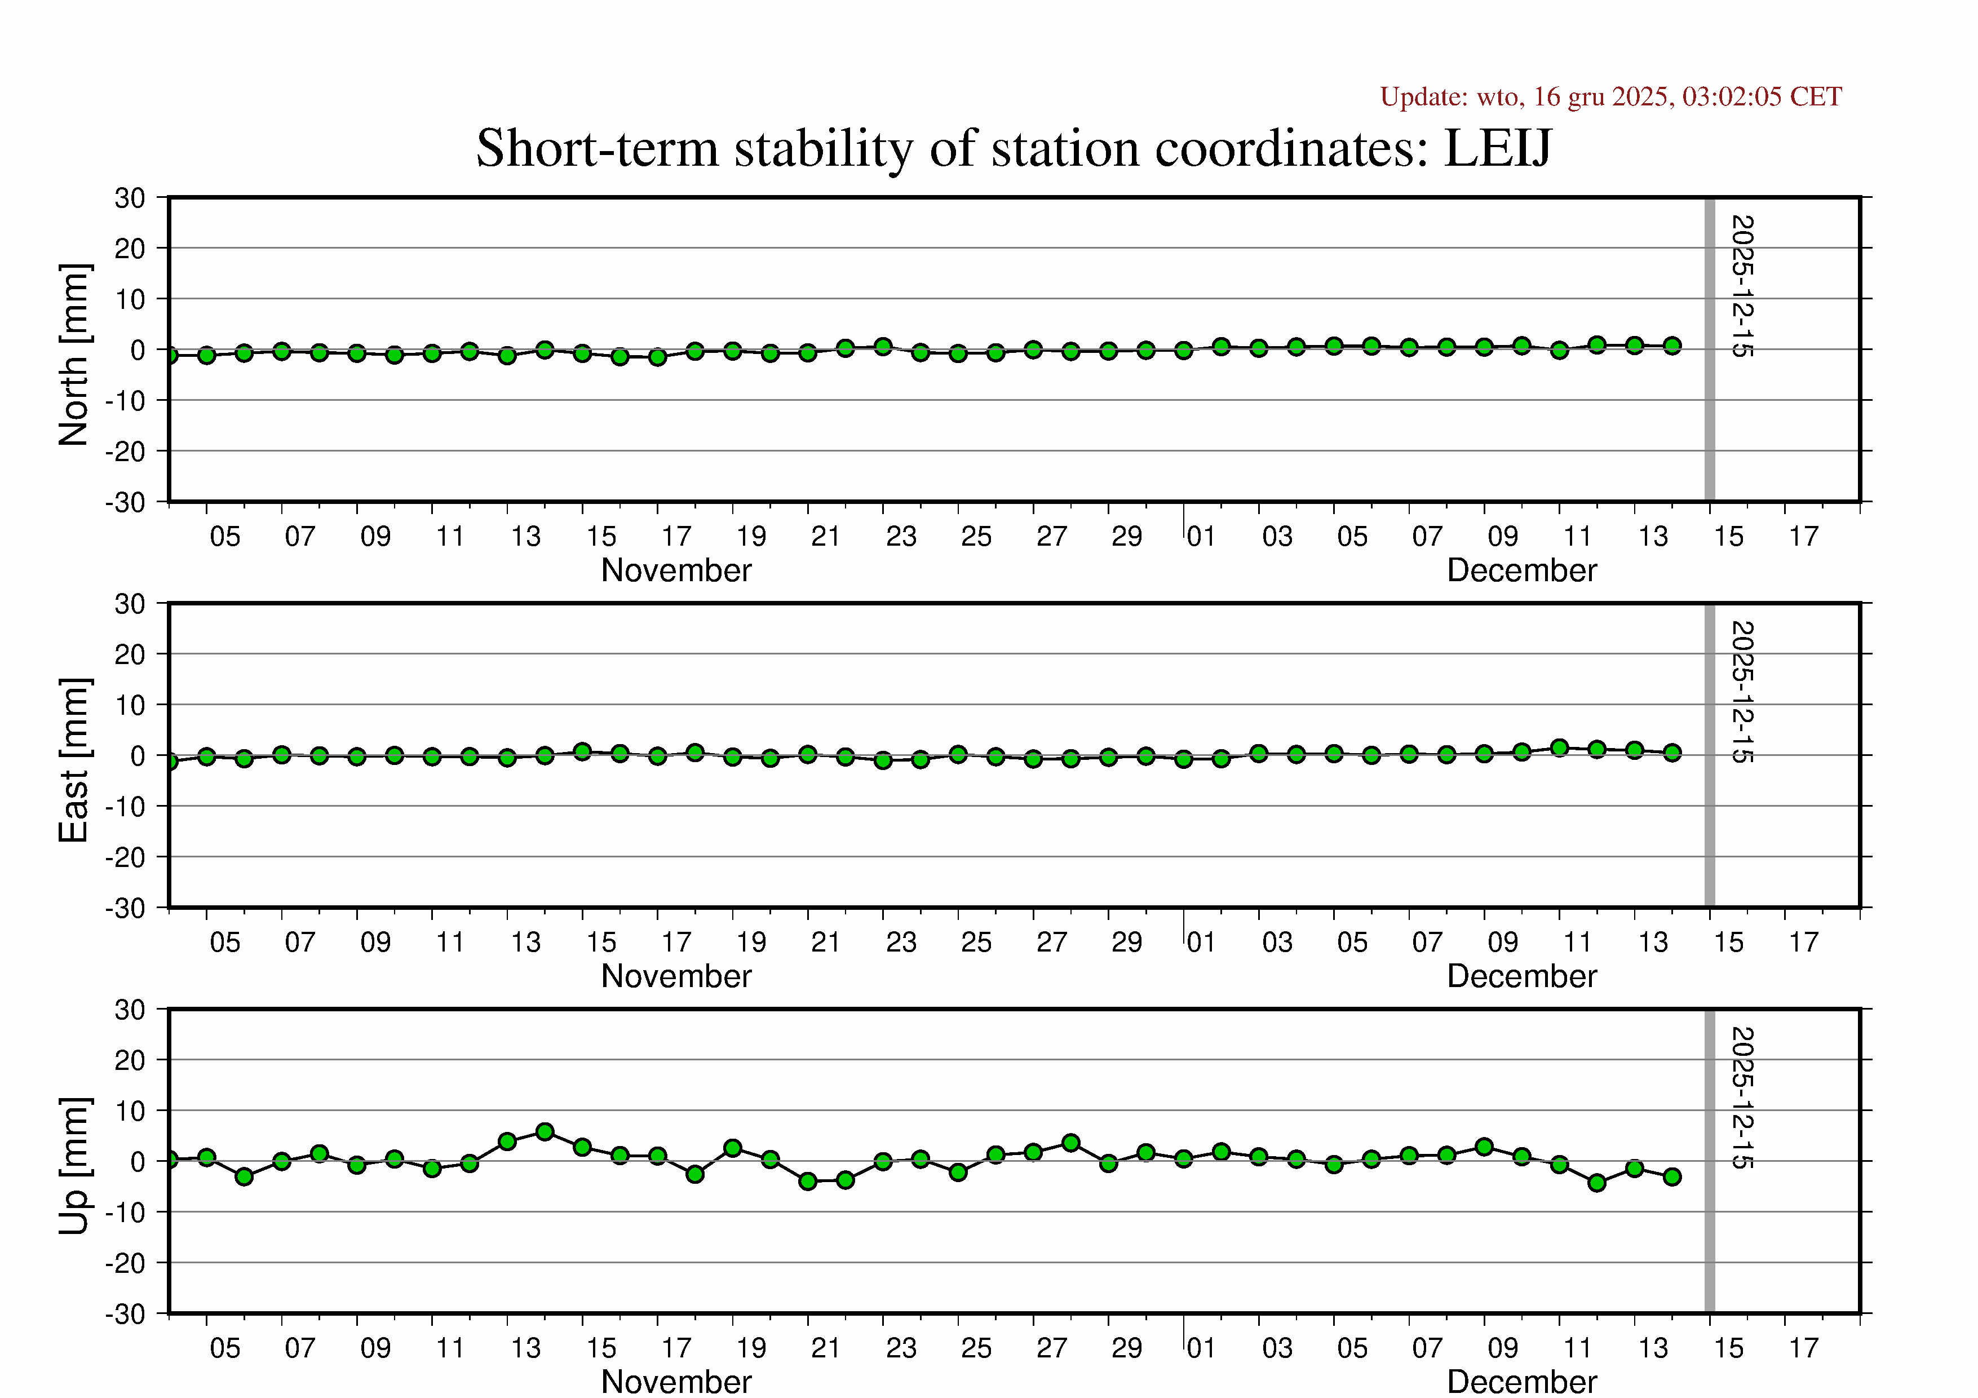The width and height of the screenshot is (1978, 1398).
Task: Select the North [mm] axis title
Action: click(74, 355)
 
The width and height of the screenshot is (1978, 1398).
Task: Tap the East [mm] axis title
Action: click(74, 760)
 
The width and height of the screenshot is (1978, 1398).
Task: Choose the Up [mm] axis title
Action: click(74, 1165)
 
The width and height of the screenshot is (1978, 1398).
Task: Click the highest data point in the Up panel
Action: click(545, 1132)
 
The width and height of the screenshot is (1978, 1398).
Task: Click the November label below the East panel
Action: click(676, 976)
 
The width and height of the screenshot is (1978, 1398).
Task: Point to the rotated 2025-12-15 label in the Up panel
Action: click(1742, 1098)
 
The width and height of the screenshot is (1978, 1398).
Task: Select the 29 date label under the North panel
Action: click(1126, 537)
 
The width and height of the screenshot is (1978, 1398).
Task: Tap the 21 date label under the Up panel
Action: click(825, 1348)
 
